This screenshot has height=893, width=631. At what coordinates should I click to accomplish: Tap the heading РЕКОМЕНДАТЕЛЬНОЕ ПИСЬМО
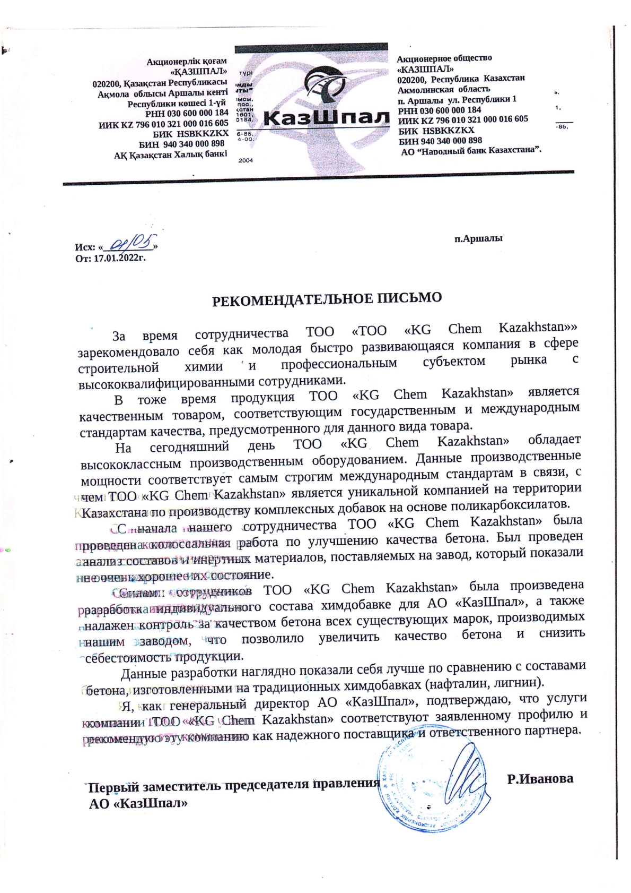[x=327, y=298]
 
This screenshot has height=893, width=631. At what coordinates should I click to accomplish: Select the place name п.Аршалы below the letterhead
[x=478, y=238]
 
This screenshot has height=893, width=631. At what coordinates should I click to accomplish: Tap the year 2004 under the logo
[x=246, y=160]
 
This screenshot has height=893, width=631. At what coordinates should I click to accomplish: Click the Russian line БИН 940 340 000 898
[x=440, y=141]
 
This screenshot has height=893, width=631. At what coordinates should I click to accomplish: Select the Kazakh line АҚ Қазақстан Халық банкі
[x=171, y=155]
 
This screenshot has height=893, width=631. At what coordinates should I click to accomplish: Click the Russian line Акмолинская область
[x=444, y=89]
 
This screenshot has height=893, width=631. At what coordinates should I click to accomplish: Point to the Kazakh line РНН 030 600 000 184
[x=187, y=113]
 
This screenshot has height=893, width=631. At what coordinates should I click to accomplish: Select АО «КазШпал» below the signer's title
[x=138, y=803]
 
